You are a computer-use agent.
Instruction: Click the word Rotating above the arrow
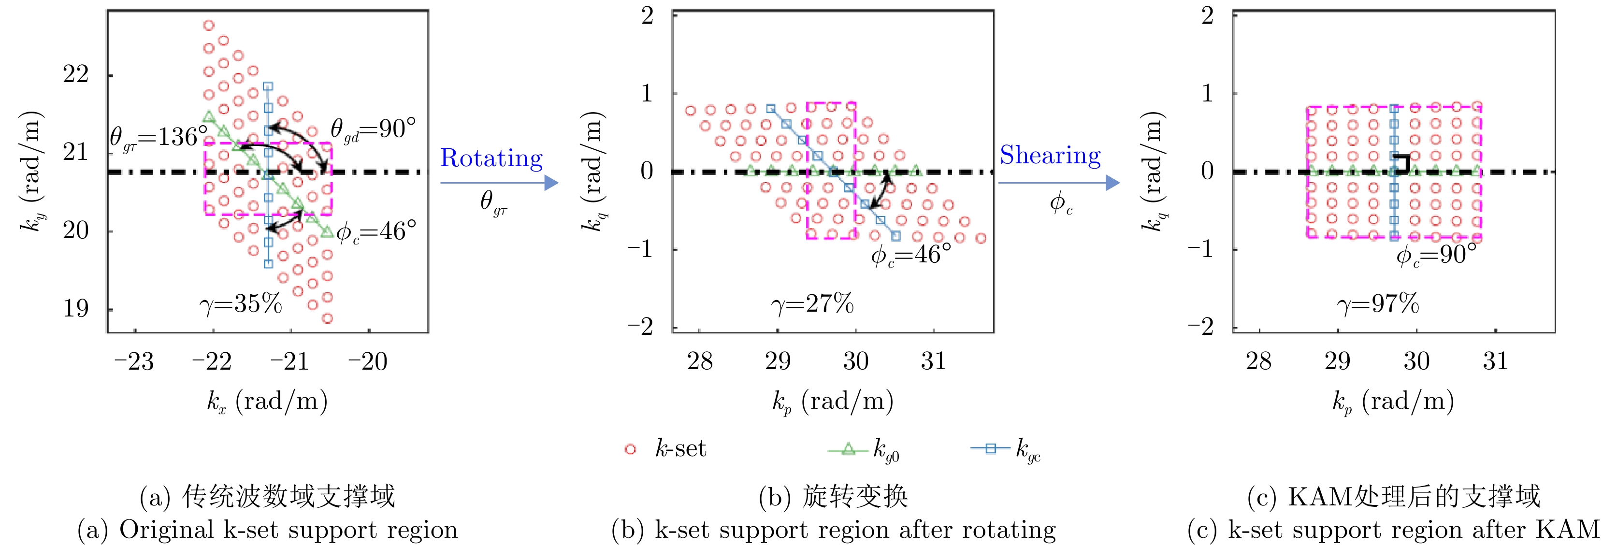[491, 158]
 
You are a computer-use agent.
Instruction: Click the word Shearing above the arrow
[1050, 155]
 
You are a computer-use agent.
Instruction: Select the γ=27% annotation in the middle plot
[812, 304]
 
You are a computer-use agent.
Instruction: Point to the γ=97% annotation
[1378, 304]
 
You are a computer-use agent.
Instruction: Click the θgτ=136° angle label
[159, 137]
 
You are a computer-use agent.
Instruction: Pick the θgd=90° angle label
[373, 130]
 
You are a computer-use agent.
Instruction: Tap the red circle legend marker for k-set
[630, 449]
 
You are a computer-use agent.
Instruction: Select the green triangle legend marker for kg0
[848, 449]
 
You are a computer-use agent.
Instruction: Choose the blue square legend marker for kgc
[991, 449]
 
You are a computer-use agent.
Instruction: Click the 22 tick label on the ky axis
[76, 75]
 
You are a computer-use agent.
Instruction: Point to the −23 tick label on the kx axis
[134, 361]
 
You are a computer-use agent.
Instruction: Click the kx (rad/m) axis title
[267, 401]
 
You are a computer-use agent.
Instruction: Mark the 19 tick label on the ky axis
[76, 309]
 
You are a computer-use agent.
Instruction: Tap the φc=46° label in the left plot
[376, 232]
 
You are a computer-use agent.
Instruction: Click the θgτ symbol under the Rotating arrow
[493, 202]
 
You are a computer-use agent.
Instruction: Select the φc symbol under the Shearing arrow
[1061, 202]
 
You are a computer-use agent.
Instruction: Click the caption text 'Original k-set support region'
[289, 530]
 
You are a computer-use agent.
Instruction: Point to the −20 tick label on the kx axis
[368, 361]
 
